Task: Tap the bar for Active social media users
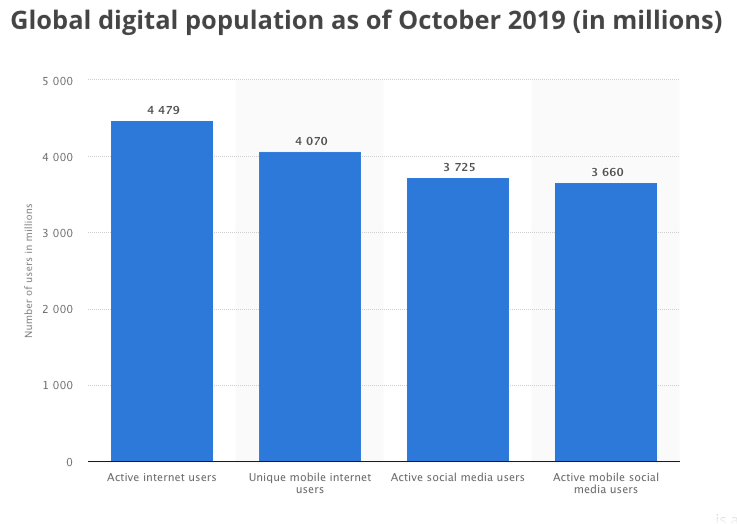pyautogui.click(x=457, y=320)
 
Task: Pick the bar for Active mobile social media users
pyautogui.click(x=605, y=322)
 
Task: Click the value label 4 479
pyautogui.click(x=163, y=110)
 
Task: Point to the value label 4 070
pyautogui.click(x=311, y=141)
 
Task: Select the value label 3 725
pyautogui.click(x=459, y=167)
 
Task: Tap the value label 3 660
pyautogui.click(x=607, y=172)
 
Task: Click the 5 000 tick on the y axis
pyautogui.click(x=57, y=81)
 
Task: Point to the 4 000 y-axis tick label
pyautogui.click(x=57, y=157)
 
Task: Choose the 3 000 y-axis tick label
pyautogui.click(x=57, y=233)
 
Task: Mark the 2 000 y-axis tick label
pyautogui.click(x=57, y=309)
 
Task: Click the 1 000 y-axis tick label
pyautogui.click(x=57, y=385)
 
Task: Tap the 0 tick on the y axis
pyautogui.click(x=69, y=462)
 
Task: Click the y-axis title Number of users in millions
pyautogui.click(x=29, y=270)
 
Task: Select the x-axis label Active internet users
pyautogui.click(x=162, y=477)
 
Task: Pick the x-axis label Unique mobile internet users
pyautogui.click(x=310, y=483)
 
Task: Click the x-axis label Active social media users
pyautogui.click(x=457, y=477)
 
